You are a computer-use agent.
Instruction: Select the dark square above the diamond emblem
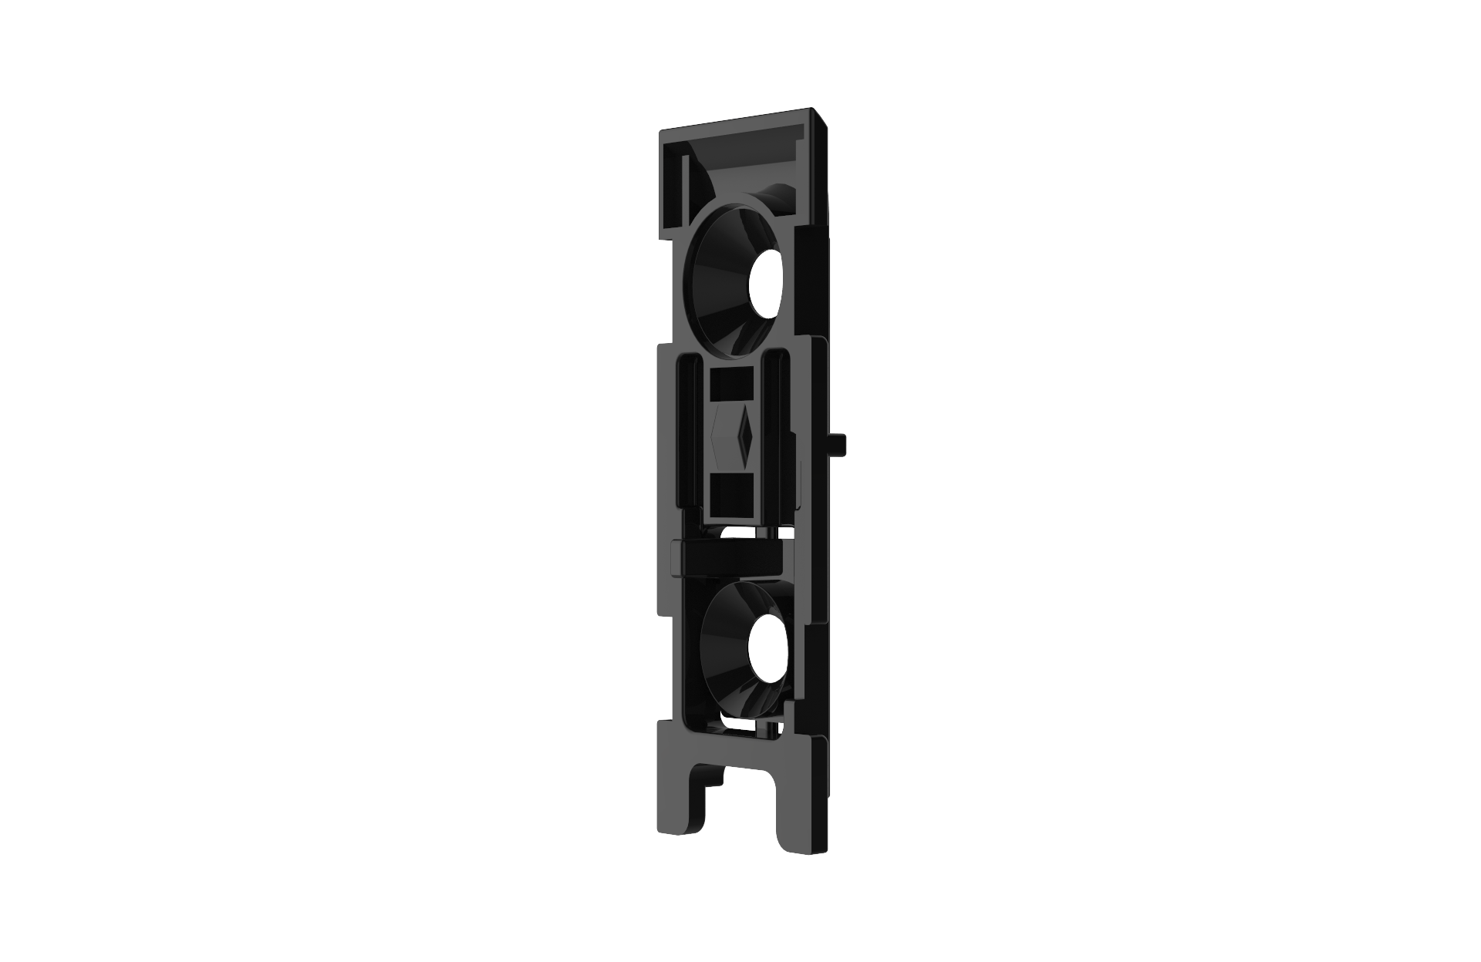[x=730, y=383]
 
